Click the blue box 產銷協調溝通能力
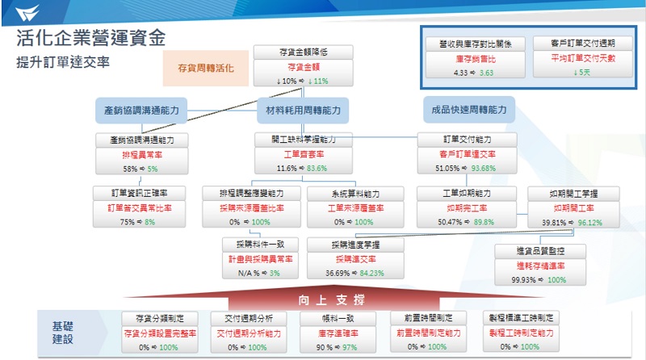click(x=141, y=109)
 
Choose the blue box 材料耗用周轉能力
click(x=303, y=109)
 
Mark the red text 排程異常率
click(x=141, y=154)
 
